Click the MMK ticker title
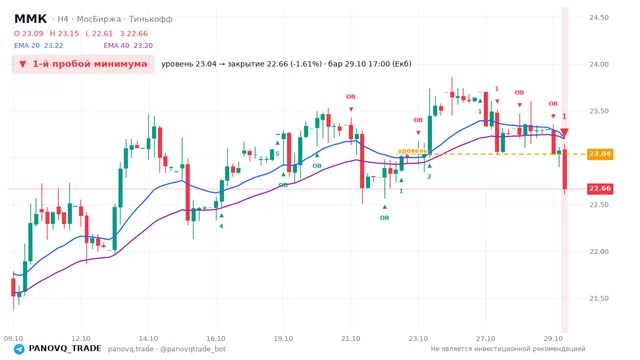pyautogui.click(x=31, y=19)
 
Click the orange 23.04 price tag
pyautogui.click(x=600, y=154)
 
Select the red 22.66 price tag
pyautogui.click(x=600, y=189)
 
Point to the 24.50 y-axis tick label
pyautogui.click(x=599, y=18)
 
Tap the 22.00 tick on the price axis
pyautogui.click(x=599, y=251)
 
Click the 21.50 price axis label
pyautogui.click(x=599, y=298)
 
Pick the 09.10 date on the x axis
pyautogui.click(x=13, y=338)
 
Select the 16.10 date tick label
pyautogui.click(x=216, y=338)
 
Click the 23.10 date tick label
pyautogui.click(x=418, y=338)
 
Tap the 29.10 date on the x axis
pyautogui.click(x=553, y=338)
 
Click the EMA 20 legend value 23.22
pyautogui.click(x=53, y=46)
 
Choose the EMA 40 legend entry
pyautogui.click(x=128, y=46)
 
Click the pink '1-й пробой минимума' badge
pyautogui.click(x=83, y=64)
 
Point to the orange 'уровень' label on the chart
pyautogui.click(x=412, y=151)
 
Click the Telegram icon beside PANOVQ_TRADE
pyautogui.click(x=19, y=349)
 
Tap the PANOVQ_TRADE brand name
pyautogui.click(x=65, y=349)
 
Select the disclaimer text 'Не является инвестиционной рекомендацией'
pyautogui.click(x=508, y=349)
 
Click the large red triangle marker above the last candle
pyautogui.click(x=564, y=132)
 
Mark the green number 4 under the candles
pyautogui.click(x=221, y=226)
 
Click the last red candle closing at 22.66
pyautogui.click(x=564, y=169)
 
